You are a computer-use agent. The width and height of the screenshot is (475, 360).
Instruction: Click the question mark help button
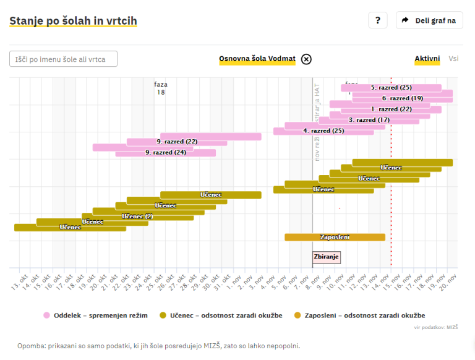[x=377, y=20]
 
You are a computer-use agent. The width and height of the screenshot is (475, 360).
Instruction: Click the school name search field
[x=63, y=59]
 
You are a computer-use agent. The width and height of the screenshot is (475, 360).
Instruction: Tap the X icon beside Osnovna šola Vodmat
[x=307, y=59]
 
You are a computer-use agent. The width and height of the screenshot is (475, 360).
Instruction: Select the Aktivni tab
[x=427, y=59]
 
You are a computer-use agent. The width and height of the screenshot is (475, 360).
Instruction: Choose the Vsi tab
[x=453, y=59]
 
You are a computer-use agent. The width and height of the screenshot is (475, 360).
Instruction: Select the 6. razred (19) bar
[x=402, y=98]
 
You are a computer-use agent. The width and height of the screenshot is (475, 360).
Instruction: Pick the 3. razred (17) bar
[x=369, y=120]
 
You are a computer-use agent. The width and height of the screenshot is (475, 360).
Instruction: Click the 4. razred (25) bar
[x=323, y=131]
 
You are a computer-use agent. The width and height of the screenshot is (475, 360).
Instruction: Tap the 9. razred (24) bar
[x=166, y=152]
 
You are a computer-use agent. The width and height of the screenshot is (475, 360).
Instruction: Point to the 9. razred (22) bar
[x=177, y=142]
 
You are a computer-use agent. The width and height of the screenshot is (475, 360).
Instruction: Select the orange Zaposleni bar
[x=335, y=237]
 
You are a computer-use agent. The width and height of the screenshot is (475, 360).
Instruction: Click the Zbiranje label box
[x=327, y=257]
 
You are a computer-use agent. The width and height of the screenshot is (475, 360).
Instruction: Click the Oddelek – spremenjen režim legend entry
[x=95, y=315]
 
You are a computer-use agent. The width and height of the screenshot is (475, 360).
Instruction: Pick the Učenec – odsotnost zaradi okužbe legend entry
[x=221, y=315]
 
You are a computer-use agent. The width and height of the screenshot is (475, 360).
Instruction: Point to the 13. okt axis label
[x=17, y=282]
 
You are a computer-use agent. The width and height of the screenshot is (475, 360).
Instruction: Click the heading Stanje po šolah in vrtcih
[x=73, y=21]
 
